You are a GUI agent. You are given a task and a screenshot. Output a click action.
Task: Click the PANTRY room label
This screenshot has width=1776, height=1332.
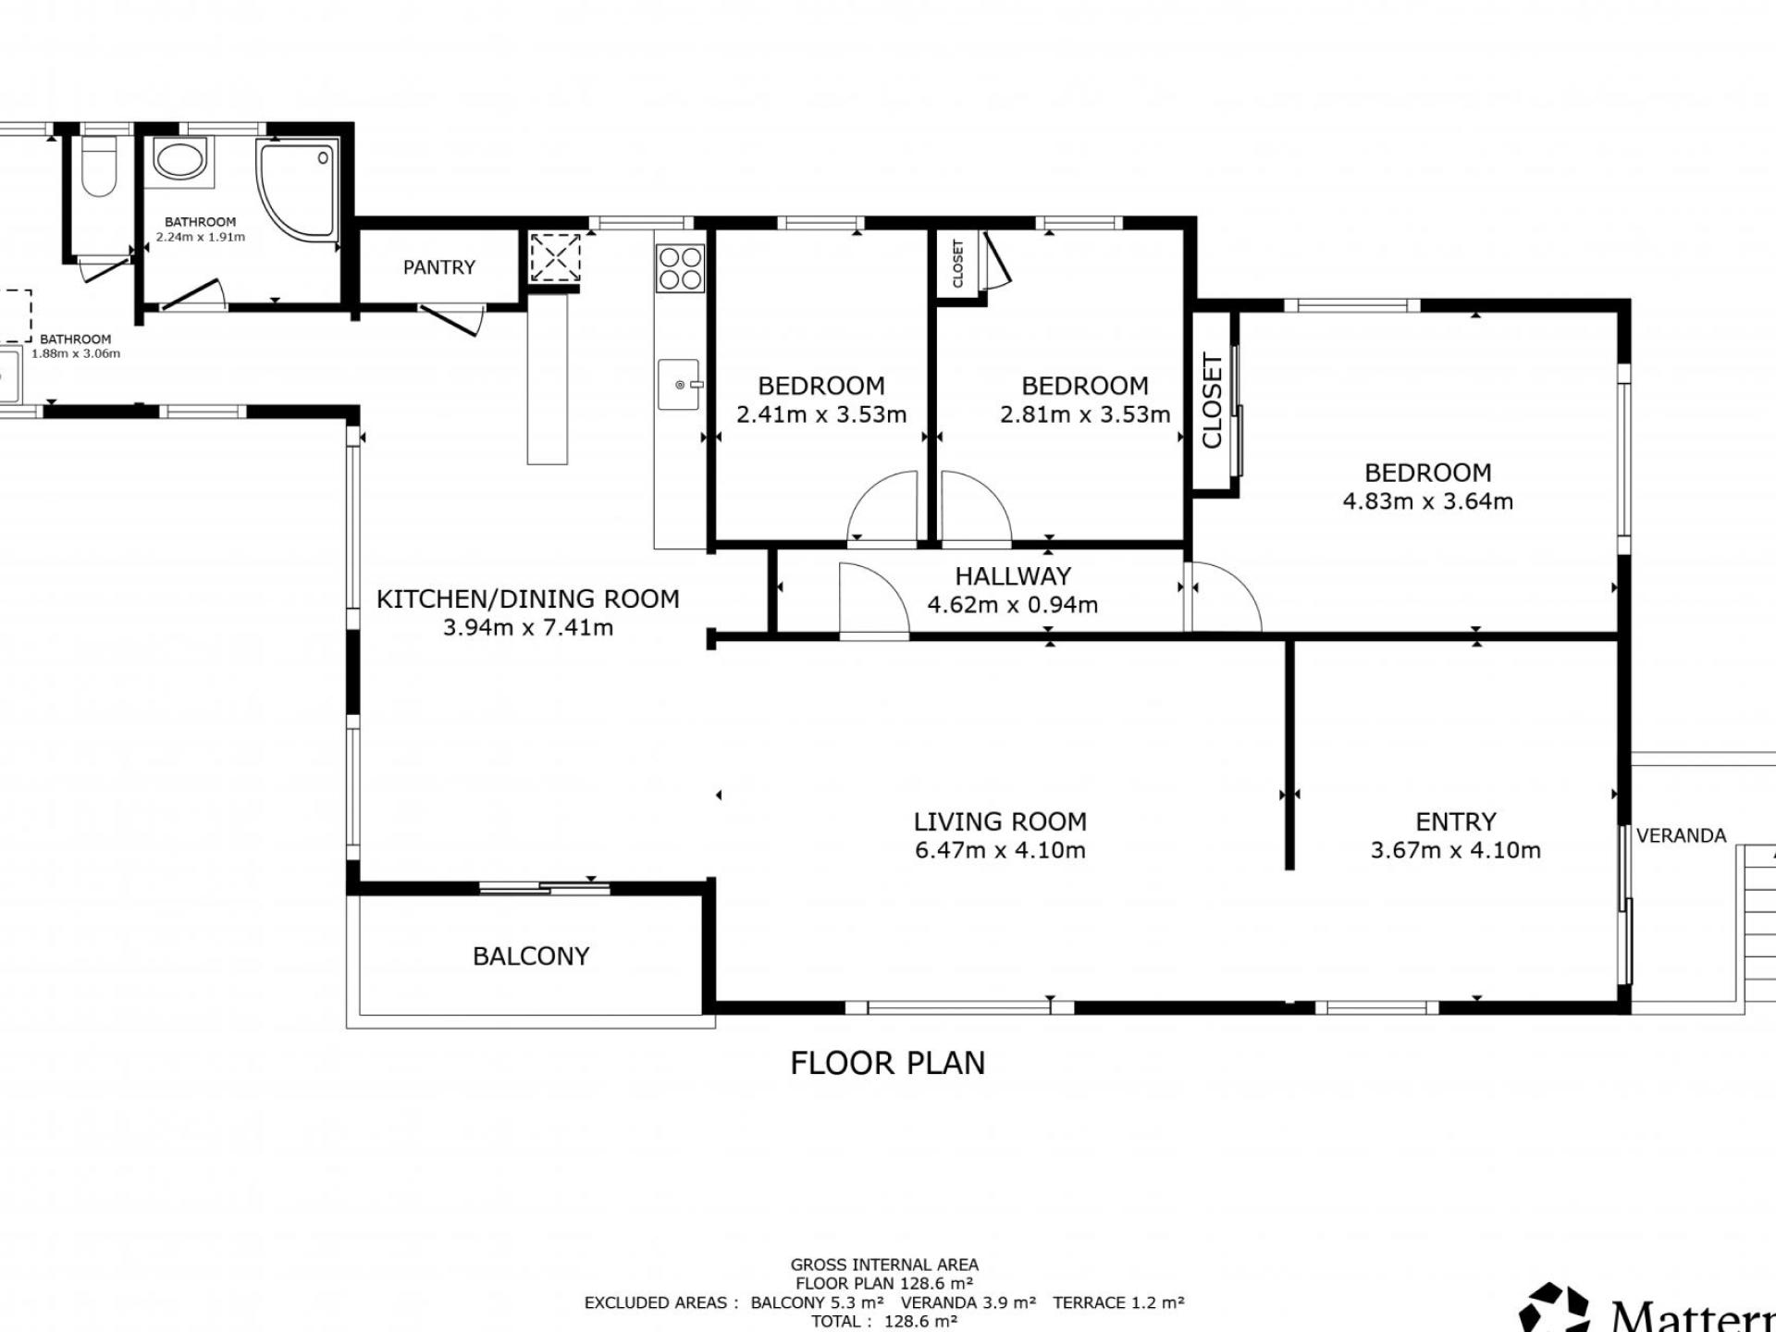coord(438,267)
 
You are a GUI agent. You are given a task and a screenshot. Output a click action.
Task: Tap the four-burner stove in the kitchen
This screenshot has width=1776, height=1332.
coord(680,267)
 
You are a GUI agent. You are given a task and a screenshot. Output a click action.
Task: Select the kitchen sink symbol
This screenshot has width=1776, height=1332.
coord(680,385)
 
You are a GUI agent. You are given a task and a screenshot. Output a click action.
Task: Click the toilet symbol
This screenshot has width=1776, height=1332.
coord(99,166)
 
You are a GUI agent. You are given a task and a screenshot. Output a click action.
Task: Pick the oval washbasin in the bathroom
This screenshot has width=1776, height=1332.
coord(179,158)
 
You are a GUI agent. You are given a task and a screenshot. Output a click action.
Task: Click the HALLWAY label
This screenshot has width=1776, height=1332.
coord(1013,576)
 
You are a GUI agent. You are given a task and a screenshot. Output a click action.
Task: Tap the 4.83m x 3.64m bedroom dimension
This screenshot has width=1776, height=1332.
coord(1427,501)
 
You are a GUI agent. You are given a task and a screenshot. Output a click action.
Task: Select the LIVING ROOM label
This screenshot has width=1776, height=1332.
coord(1000,821)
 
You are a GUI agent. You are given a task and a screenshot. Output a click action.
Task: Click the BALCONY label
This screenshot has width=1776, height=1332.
coord(531,956)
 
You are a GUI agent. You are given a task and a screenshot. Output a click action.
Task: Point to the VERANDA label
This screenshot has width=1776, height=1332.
coord(1681,836)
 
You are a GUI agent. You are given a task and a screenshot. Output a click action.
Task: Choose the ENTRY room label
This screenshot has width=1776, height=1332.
coord(1456,821)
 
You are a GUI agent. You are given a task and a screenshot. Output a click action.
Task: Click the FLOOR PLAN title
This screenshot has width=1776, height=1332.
coord(888,1064)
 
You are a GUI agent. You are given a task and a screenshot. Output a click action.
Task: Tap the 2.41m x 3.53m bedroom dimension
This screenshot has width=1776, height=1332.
coord(821,414)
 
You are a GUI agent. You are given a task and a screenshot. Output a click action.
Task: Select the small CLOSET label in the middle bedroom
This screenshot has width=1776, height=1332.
coord(958,264)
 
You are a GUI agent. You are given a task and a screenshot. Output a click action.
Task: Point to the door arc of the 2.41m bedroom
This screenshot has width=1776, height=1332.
coord(882,505)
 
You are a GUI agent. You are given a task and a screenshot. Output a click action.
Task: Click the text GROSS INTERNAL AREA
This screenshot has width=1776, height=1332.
coord(884,1264)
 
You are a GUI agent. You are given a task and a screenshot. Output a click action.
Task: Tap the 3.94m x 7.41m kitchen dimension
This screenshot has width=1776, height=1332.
coord(528,628)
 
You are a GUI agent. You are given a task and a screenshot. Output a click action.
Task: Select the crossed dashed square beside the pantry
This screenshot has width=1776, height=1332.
coord(555,257)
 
